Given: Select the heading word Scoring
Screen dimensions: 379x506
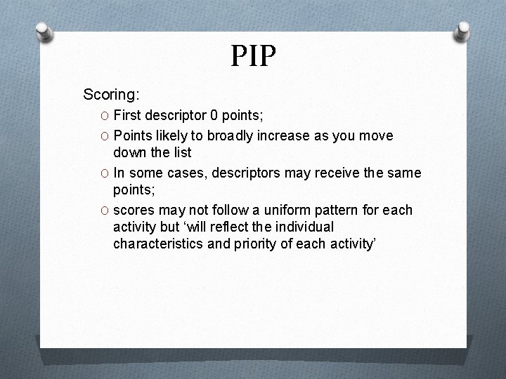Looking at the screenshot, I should [111, 94].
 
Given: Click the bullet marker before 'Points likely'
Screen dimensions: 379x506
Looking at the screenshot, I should [104, 135].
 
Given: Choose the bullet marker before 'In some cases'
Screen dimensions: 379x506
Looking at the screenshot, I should [104, 173].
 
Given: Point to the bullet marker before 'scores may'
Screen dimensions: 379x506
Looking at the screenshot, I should [104, 211].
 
